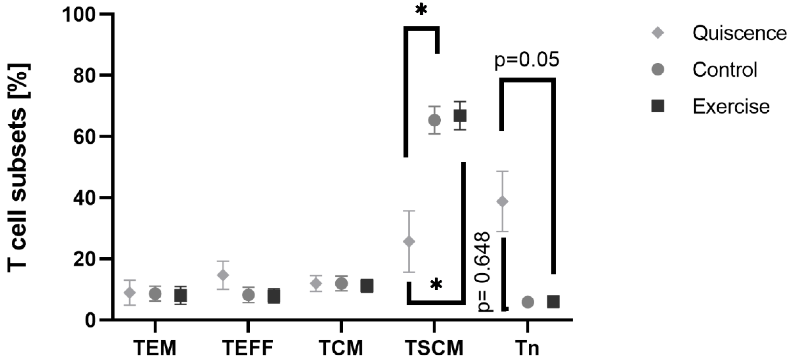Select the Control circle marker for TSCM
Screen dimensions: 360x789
tap(434, 120)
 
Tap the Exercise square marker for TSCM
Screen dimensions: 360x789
tap(460, 116)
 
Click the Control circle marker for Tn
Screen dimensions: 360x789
tap(528, 302)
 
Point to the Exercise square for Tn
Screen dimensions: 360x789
tap(553, 302)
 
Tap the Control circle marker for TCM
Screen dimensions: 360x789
tap(341, 284)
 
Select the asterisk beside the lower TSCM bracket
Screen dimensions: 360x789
tap(436, 285)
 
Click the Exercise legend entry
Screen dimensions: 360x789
tap(711, 106)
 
